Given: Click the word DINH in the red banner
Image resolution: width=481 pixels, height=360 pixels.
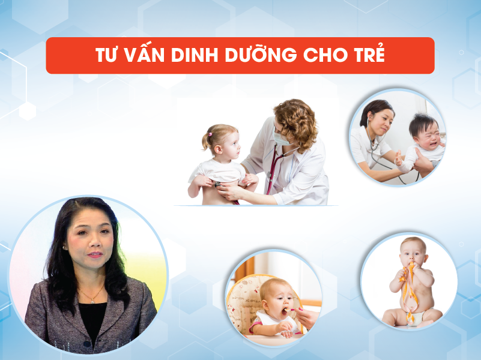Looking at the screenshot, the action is tap(195, 55).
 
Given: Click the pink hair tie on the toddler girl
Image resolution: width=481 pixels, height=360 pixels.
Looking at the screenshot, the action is tap(210, 134).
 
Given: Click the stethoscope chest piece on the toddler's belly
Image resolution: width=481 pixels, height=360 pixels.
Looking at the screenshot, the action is tap(217, 184).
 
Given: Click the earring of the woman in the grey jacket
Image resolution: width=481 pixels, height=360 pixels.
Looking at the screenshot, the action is tap(65, 247).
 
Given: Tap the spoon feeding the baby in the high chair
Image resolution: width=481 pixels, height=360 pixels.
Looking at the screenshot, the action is tap(291, 310).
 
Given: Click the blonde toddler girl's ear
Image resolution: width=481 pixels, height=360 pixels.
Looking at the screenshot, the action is tap(219, 149).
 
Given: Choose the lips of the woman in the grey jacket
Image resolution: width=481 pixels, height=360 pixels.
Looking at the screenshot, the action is tap(94, 254).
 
